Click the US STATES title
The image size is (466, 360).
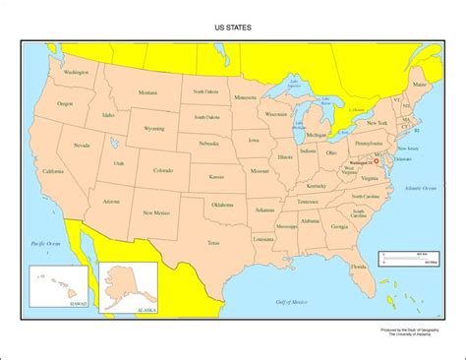[x=232, y=29]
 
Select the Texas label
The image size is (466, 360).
[x=212, y=240]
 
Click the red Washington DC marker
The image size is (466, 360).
[x=375, y=154]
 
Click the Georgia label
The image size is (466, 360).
[x=339, y=227]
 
